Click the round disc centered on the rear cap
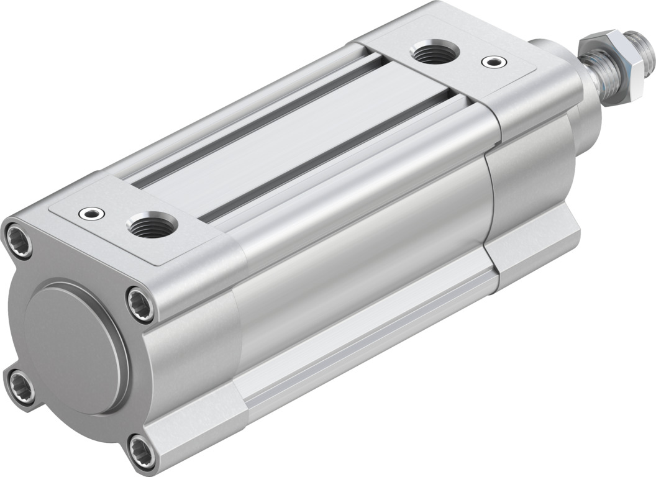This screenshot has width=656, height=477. [x=75, y=348]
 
